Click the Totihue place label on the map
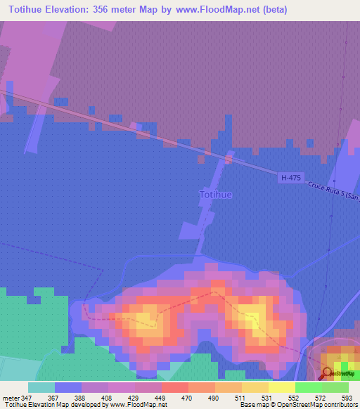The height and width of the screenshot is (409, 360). point(216,194)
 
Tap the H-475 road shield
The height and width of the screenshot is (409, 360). point(290,178)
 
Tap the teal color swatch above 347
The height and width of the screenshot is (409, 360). point(41,387)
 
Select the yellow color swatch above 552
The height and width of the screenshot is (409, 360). point(281,387)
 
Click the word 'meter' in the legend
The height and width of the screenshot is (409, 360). point(12,397)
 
